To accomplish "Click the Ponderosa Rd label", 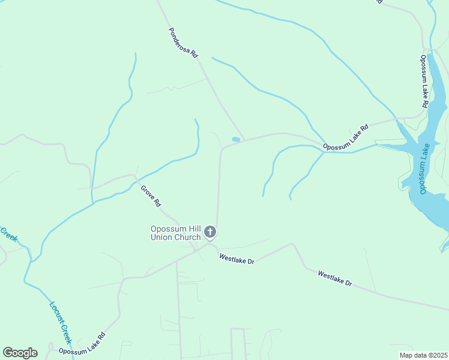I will coord(184,42).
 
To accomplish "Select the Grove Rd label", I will coord(151,196).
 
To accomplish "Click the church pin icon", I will coord(209,232).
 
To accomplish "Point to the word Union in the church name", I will coord(162,237).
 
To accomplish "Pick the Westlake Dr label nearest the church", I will coord(237,259).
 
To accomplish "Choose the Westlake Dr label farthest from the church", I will coord(335,278).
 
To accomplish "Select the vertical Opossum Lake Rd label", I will coord(424,82).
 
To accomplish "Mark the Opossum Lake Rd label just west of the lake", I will coord(345,139).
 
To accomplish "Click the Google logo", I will coord(20,353).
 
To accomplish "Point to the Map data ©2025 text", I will coord(423,355).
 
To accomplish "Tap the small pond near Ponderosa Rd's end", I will coord(236,140).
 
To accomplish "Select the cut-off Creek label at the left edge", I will coord(8,235).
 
